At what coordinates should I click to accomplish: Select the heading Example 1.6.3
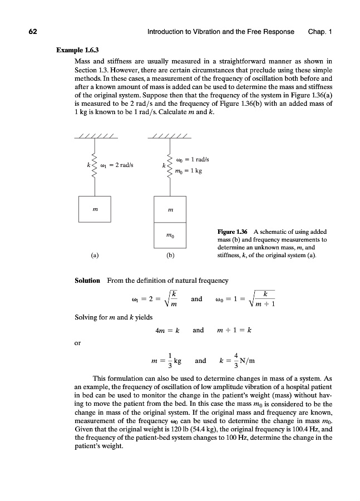pos(75,50)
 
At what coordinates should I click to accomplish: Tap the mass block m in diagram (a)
pos(95,210)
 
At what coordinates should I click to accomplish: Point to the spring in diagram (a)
pos(94,165)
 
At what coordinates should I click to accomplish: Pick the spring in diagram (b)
pos(169,165)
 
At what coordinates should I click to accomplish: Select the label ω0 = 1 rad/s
pos(192,160)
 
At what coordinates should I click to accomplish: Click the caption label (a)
pos(95,257)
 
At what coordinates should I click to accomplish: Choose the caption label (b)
pos(170,257)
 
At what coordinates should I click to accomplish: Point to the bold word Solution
pos(87,280)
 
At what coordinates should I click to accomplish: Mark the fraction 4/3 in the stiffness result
pos(236,361)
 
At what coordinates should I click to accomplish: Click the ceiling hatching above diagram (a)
pos(95,137)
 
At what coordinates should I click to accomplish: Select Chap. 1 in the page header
pos(319,32)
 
